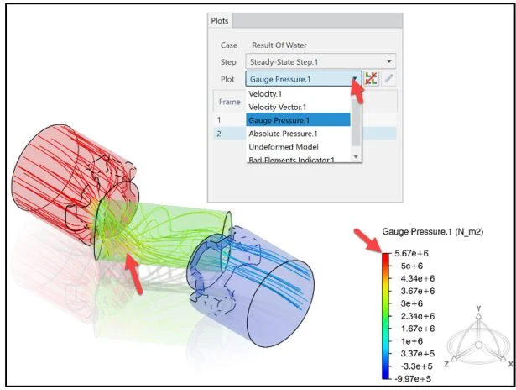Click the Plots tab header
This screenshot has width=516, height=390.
(220, 21)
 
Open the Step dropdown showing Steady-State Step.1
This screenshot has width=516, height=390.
(321, 61)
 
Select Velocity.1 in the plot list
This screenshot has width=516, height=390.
(265, 94)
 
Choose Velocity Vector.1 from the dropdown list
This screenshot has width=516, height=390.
(278, 107)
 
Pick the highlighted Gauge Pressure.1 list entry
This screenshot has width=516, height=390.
(298, 120)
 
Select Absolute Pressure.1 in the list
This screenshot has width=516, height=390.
(283, 134)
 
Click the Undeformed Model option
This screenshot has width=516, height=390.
(284, 147)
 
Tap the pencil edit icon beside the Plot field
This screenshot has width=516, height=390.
(388, 78)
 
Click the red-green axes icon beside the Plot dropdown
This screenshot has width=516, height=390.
(371, 78)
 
